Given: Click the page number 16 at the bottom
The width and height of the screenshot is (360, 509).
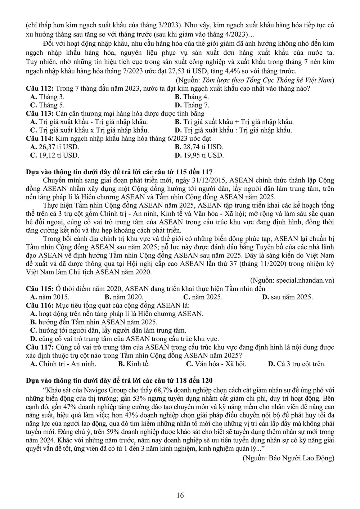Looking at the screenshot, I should click(180, 495).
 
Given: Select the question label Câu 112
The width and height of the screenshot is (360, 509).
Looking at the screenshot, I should click(40, 89).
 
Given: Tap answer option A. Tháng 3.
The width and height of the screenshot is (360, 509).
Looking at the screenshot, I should click(48, 97).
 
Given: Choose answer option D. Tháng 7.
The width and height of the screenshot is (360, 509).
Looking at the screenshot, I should click(192, 105).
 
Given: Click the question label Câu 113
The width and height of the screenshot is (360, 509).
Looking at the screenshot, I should click(40, 113).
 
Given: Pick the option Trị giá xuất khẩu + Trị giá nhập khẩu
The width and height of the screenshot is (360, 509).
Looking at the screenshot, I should click(234, 122).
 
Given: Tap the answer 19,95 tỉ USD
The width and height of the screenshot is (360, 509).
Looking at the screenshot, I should click(199, 156).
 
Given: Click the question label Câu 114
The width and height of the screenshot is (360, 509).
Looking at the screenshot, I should click(40, 139).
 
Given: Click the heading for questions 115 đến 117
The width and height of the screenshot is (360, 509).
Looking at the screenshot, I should click(119, 172).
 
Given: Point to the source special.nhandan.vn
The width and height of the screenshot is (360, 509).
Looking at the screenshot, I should click(292, 280).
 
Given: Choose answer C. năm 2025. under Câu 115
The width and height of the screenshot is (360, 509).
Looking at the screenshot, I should click(203, 297).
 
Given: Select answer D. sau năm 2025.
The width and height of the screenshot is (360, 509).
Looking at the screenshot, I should click(287, 297).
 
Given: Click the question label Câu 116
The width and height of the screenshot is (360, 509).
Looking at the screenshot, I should click(40, 305).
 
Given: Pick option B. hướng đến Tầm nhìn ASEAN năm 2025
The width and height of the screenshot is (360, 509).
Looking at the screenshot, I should click(94, 322).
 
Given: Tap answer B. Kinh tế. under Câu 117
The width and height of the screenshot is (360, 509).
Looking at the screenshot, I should click(134, 364).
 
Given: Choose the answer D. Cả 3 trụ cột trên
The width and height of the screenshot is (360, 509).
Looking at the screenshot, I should click(297, 364).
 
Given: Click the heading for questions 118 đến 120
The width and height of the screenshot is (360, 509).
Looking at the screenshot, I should click(119, 380).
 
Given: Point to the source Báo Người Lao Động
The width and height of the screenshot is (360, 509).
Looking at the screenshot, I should click(288, 458).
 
